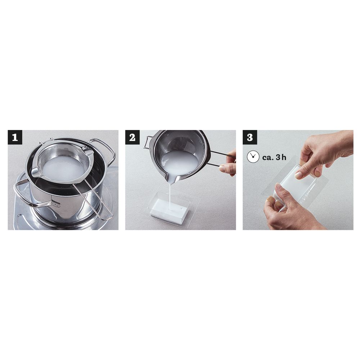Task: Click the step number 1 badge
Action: tap(15, 137)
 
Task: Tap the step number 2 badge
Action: tap(132, 137)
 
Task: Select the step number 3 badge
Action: tap(250, 137)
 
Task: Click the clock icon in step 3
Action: tap(253, 157)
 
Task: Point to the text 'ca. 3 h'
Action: tap(274, 157)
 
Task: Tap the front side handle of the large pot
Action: tap(35, 195)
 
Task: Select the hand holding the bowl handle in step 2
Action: tap(229, 163)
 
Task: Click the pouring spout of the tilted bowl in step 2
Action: tap(171, 178)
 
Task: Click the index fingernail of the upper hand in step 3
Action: tap(298, 175)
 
